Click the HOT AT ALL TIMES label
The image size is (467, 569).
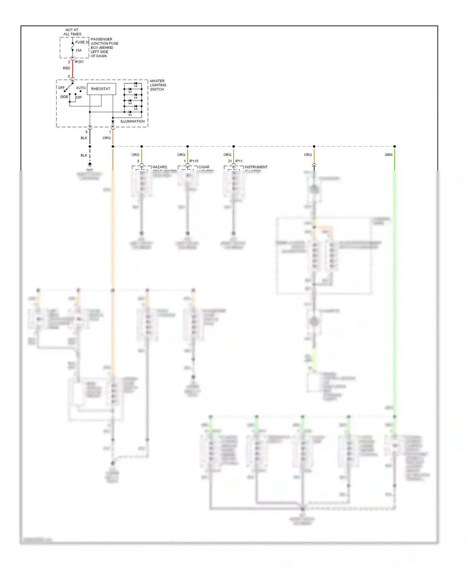[x=72, y=32]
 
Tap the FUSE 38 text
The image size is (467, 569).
[x=82, y=42]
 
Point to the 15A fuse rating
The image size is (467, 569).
[x=78, y=50]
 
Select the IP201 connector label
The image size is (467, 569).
[x=79, y=62]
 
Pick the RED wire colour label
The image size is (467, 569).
[x=66, y=68]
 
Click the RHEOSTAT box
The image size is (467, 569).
[x=101, y=89]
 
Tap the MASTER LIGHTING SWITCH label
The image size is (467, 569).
[x=158, y=85]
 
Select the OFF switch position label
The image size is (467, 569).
[x=61, y=88]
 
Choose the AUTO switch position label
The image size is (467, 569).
[x=81, y=88]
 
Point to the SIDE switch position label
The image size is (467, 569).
[x=64, y=97]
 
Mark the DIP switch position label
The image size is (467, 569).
[x=79, y=97]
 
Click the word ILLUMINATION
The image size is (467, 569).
[x=132, y=121]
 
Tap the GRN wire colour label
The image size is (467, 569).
[x=388, y=155]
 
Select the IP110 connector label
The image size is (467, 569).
[x=194, y=161]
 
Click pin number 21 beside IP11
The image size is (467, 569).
[x=230, y=161]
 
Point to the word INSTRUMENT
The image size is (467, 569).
[x=256, y=167]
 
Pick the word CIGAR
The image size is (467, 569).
[x=204, y=167]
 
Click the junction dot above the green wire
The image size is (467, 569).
[x=394, y=146]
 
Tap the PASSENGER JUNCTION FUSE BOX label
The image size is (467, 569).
[x=104, y=48]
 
